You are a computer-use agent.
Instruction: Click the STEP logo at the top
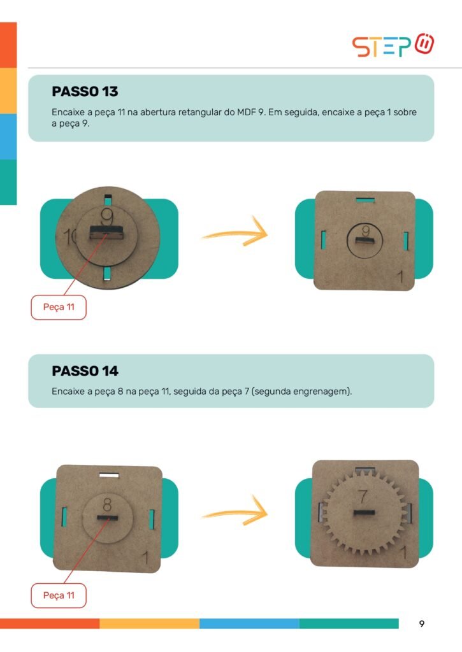click(393, 45)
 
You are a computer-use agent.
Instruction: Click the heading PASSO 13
click(85, 92)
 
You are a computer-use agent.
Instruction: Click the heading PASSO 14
click(85, 371)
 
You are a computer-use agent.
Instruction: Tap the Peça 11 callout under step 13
click(59, 308)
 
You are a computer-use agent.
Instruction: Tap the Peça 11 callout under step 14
click(59, 595)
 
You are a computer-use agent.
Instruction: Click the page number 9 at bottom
click(422, 624)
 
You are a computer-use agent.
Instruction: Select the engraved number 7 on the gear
click(363, 496)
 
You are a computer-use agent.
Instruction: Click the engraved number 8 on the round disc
click(107, 504)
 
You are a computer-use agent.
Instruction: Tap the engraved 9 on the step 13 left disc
click(108, 216)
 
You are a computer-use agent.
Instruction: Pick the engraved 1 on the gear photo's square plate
click(403, 553)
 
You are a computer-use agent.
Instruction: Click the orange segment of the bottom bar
click(50, 624)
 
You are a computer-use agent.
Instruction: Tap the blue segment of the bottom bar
click(249, 624)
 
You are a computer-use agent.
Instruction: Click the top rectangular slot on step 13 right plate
click(365, 200)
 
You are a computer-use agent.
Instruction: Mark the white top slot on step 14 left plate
click(109, 475)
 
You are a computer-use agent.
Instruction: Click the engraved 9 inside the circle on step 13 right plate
click(366, 230)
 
